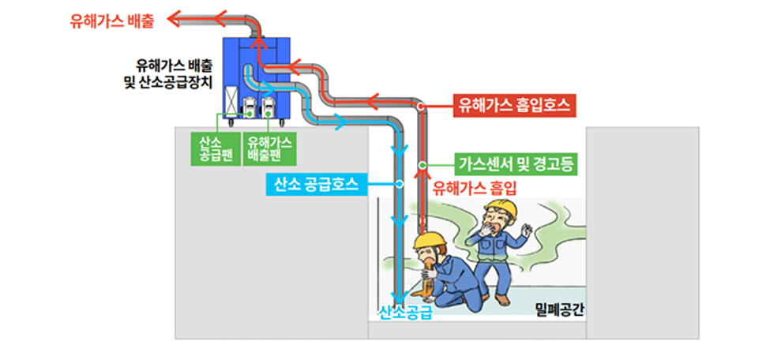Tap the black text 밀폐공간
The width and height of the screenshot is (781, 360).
[558, 309]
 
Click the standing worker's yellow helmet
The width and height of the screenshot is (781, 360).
[500, 210]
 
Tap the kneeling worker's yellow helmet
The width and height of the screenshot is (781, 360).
[430, 241]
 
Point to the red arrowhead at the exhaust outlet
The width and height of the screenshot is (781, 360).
[175, 20]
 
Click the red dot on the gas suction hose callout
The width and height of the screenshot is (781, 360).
[421, 106]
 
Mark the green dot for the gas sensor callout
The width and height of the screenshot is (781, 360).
[422, 165]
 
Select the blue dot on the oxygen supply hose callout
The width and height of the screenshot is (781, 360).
[399, 184]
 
